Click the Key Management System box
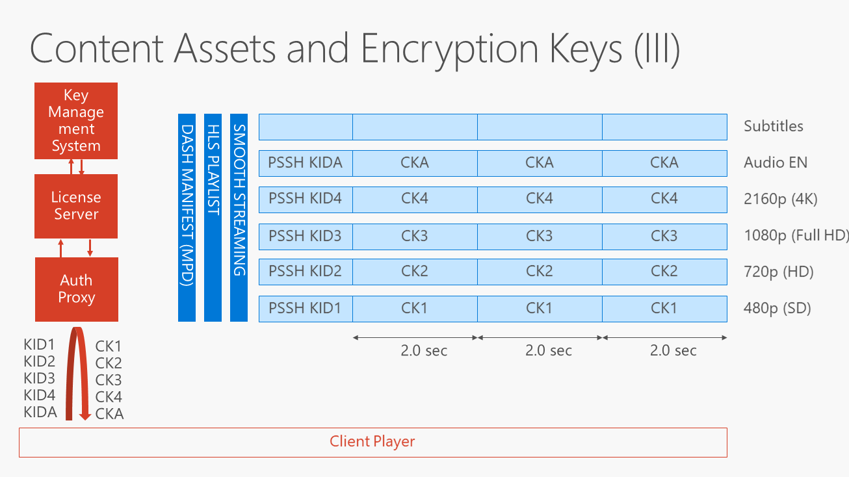click(76, 121)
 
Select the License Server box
click(76, 206)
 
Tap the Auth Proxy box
click(77, 289)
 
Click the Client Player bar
click(372, 442)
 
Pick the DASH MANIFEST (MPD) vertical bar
click(187, 217)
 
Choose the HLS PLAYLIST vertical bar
click(213, 217)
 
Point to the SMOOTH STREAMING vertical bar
click(239, 217)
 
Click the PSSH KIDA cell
click(306, 163)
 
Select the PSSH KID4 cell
click(306, 199)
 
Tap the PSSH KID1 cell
click(306, 308)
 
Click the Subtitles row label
click(774, 126)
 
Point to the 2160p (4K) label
click(780, 199)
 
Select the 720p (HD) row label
click(778, 272)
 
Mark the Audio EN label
click(776, 162)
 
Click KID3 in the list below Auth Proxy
click(40, 378)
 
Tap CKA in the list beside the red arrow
click(109, 413)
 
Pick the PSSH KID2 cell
click(306, 272)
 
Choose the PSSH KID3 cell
click(306, 235)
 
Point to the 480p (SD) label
click(777, 308)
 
